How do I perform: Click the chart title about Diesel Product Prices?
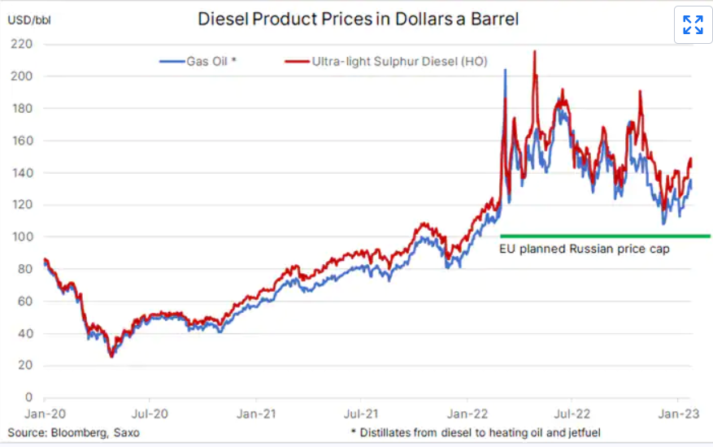(x=359, y=19)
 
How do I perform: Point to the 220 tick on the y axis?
(x=23, y=44)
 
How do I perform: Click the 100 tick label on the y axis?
(x=23, y=237)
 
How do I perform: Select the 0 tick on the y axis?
(x=28, y=397)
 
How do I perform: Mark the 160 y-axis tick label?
(x=23, y=141)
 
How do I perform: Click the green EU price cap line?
(x=605, y=236)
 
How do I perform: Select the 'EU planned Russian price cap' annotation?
(x=584, y=249)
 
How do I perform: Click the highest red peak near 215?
(x=534, y=52)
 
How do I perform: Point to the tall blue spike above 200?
(x=506, y=71)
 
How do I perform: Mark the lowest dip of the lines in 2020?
(x=111, y=355)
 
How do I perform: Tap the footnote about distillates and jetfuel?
(x=475, y=432)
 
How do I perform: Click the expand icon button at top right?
(x=693, y=24)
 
